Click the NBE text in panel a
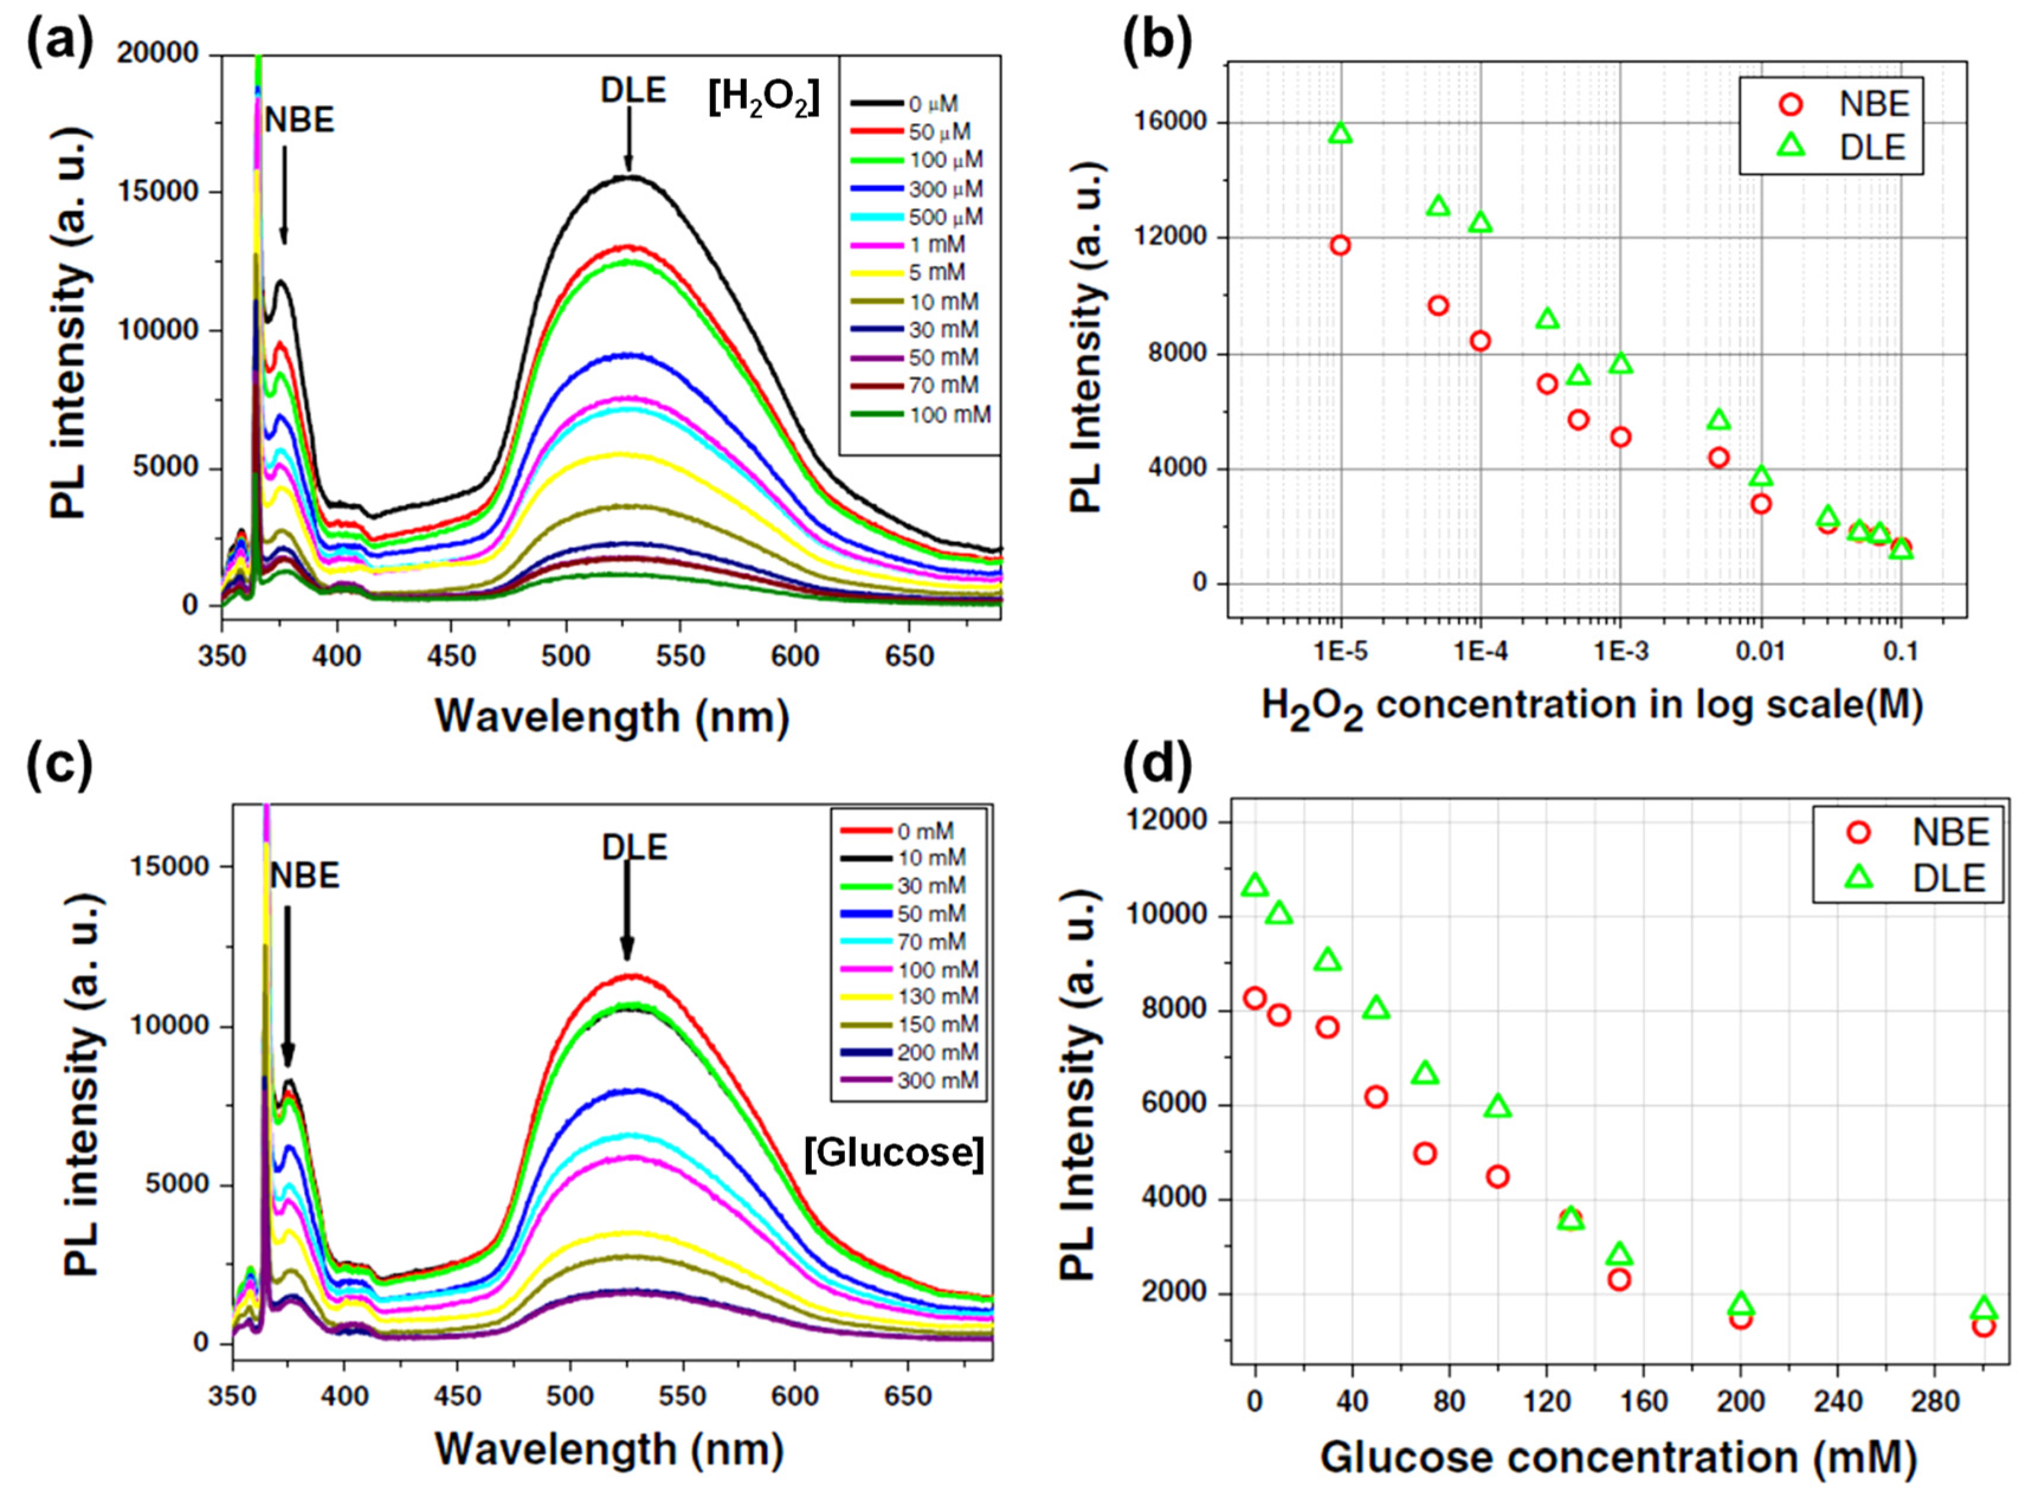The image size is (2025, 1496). [299, 119]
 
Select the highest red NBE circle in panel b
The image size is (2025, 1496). [1340, 244]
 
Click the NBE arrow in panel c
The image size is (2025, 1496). [287, 987]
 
